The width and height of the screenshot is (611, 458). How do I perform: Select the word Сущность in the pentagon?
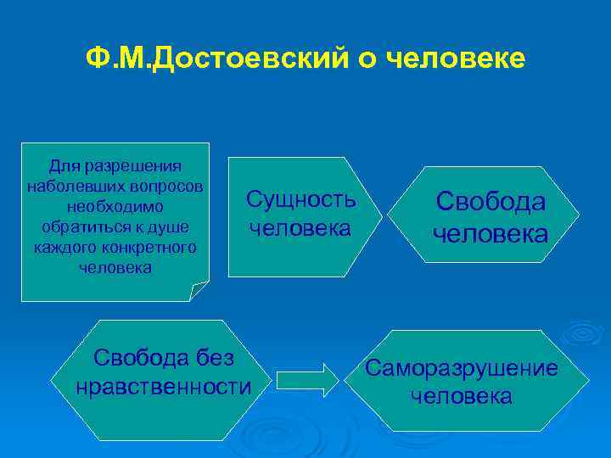pyautogui.click(x=300, y=199)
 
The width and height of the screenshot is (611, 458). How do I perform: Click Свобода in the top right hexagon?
pyautogui.click(x=490, y=201)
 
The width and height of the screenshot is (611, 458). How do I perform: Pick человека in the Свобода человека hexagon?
pyautogui.click(x=490, y=233)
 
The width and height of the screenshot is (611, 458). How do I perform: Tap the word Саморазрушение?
pyautogui.click(x=462, y=367)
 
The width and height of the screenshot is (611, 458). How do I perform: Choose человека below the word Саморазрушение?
pyautogui.click(x=462, y=396)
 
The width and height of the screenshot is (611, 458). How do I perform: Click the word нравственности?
pyautogui.click(x=163, y=388)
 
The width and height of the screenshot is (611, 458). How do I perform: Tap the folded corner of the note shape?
pyautogui.click(x=200, y=291)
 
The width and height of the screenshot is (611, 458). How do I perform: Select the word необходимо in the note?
pyautogui.click(x=114, y=206)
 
